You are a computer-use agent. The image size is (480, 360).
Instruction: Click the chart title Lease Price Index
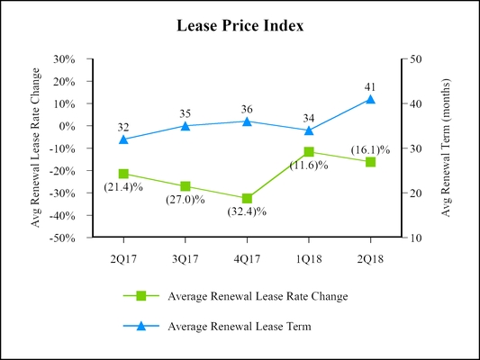coord(240,26)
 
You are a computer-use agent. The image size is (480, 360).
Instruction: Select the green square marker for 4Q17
coord(247,198)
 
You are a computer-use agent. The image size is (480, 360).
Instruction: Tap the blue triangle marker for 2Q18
coord(370,99)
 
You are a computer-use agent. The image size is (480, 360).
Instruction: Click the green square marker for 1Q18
coord(309,152)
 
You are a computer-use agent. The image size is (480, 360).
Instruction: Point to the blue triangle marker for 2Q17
coord(123,139)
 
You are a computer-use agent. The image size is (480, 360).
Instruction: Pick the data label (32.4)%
coord(247,212)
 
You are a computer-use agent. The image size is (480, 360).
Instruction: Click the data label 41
coord(370,86)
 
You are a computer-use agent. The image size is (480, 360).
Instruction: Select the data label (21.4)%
coord(124,186)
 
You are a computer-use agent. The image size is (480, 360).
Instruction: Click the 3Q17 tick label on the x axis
coord(185,257)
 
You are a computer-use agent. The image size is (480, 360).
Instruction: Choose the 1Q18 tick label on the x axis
coord(309,257)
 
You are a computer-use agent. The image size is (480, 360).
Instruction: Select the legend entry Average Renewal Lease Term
coord(240,327)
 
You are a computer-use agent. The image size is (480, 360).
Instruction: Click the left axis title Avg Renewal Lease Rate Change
coord(36,148)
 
